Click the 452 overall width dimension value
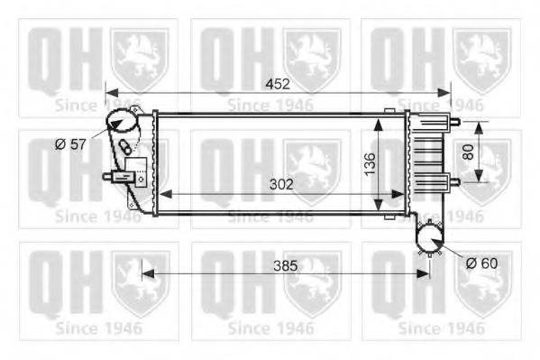pos(277,84)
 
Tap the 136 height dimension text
pos(369,163)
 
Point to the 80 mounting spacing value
pos(467,152)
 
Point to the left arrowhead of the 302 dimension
pos(163,195)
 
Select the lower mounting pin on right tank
pos(454,180)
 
